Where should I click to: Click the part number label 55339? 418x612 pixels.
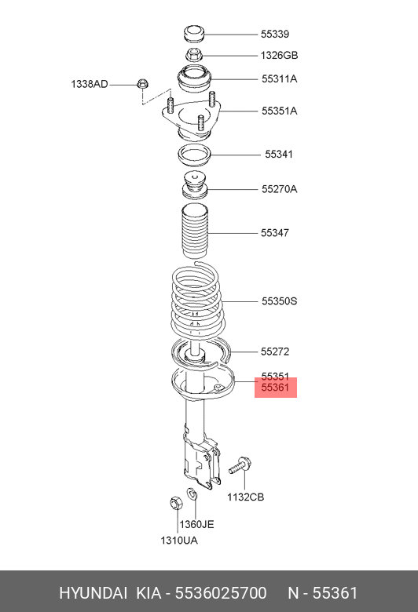[x=275, y=35]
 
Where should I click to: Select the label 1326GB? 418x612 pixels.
[x=280, y=56]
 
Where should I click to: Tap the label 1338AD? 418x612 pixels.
[x=90, y=84]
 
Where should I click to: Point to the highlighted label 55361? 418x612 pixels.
[x=276, y=388]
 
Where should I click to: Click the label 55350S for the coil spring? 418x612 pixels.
[x=279, y=301]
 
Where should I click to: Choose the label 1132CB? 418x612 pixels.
[x=246, y=497]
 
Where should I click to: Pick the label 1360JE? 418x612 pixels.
[x=196, y=524]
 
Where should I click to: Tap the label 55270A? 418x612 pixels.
[x=279, y=189]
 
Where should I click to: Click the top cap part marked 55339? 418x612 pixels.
[x=193, y=35]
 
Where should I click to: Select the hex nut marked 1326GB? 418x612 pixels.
[x=193, y=55]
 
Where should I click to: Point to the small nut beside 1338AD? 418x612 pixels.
[x=142, y=82]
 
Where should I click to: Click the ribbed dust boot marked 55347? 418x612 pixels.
[x=193, y=231]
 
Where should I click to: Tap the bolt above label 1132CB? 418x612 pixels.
[x=239, y=468]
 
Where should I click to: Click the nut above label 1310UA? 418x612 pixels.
[x=176, y=502]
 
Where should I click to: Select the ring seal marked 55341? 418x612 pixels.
[x=194, y=154]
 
